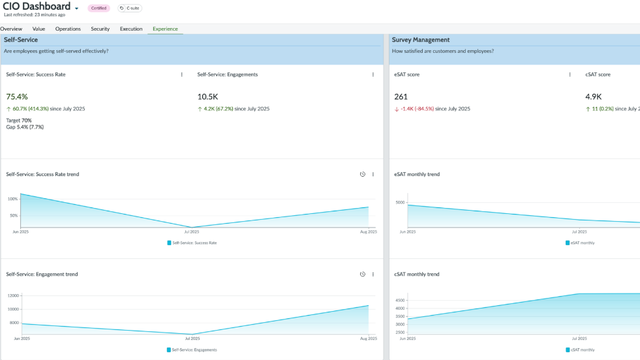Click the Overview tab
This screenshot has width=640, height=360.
(11, 29)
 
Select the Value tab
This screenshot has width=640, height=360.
(38, 29)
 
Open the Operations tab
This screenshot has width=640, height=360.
(68, 29)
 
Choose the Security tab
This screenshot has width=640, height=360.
(100, 29)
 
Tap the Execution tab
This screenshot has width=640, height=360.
(131, 29)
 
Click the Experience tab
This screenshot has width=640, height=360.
(165, 29)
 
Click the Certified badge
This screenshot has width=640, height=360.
(99, 8)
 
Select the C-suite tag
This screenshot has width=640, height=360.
(129, 8)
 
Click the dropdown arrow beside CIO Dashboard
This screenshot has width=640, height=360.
(77, 9)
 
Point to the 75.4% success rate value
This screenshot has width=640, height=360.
(17, 97)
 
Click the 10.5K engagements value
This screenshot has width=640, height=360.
(208, 97)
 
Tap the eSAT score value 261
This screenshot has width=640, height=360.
(401, 97)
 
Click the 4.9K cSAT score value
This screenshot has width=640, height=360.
(594, 97)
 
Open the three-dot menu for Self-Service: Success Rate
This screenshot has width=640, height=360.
(182, 74)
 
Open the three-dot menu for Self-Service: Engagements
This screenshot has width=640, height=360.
(373, 74)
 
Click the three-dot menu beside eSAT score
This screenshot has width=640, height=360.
(570, 74)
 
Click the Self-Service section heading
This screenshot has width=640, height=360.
(21, 40)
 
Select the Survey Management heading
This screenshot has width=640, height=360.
(421, 40)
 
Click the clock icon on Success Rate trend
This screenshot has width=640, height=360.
(363, 174)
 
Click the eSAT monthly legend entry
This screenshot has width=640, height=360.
(581, 243)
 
